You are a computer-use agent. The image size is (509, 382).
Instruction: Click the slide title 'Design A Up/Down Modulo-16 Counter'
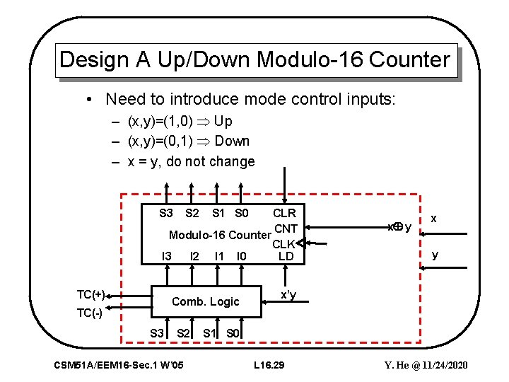[x=255, y=59]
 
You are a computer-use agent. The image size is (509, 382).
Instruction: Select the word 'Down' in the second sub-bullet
[x=233, y=141]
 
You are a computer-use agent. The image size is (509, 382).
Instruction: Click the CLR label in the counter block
[x=284, y=213]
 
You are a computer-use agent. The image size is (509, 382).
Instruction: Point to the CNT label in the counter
[x=286, y=228]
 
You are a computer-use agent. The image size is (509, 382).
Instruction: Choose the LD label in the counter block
[x=286, y=256]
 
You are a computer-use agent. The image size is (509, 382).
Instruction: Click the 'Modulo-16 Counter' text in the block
[x=220, y=235]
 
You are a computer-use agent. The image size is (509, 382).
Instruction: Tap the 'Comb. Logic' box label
[x=206, y=301]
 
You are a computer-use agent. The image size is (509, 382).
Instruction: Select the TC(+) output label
[x=90, y=294]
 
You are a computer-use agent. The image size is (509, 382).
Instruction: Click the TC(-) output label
[x=90, y=313]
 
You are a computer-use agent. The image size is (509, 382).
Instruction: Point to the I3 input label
[x=167, y=256]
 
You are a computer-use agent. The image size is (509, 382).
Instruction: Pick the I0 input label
[x=242, y=256]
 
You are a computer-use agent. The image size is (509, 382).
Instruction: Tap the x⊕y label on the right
[x=399, y=227]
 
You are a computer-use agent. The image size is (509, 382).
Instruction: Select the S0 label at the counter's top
[x=241, y=213]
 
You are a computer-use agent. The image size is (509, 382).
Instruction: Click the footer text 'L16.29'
[x=269, y=365]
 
